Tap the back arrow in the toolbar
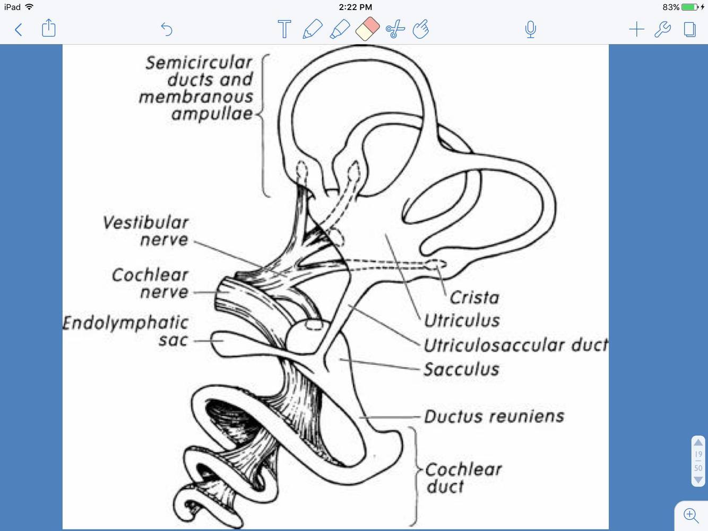(x=19, y=29)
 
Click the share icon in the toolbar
(x=48, y=28)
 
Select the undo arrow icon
(x=167, y=29)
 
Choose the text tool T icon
(x=284, y=29)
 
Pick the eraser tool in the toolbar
(x=367, y=28)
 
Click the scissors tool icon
(x=395, y=29)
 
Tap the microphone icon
(x=530, y=29)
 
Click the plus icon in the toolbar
(x=636, y=29)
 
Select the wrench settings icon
(x=662, y=29)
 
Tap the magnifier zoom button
(x=691, y=515)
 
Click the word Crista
(x=474, y=298)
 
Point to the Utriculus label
(x=462, y=320)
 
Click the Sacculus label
(x=461, y=369)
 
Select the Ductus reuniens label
(x=494, y=416)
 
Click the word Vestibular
(x=146, y=222)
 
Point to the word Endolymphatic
(x=126, y=323)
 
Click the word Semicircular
(x=199, y=63)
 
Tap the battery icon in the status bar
(x=690, y=7)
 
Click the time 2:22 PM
(x=355, y=7)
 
